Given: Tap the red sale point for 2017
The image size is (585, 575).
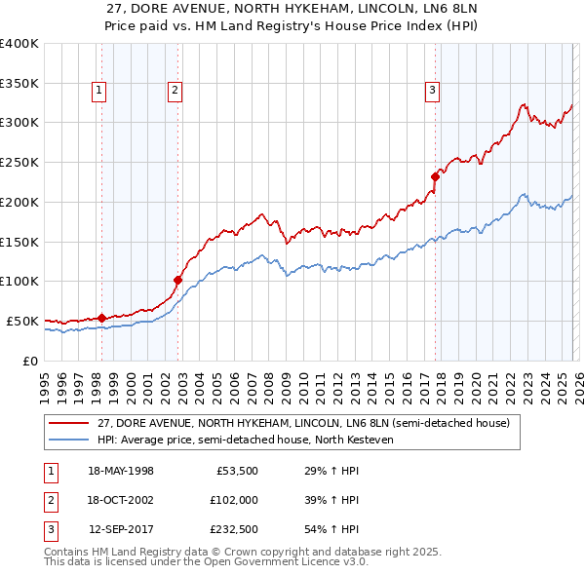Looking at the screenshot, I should (x=436, y=176).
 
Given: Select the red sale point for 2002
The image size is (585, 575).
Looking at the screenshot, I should (x=177, y=280).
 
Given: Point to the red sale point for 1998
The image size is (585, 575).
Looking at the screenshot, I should (x=101, y=318).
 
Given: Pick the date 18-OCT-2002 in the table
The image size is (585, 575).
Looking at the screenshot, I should (x=121, y=500).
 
